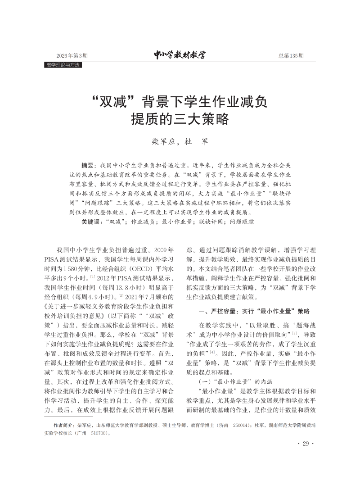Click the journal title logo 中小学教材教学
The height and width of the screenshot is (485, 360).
(x=180, y=55)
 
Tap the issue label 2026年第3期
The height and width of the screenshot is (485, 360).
(x=72, y=56)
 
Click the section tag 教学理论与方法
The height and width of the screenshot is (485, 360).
(x=63, y=65)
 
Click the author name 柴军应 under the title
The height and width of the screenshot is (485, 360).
(x=159, y=141)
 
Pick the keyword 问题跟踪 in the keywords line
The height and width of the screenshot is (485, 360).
(x=242, y=222)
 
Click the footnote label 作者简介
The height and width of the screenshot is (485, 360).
(x=64, y=425)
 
